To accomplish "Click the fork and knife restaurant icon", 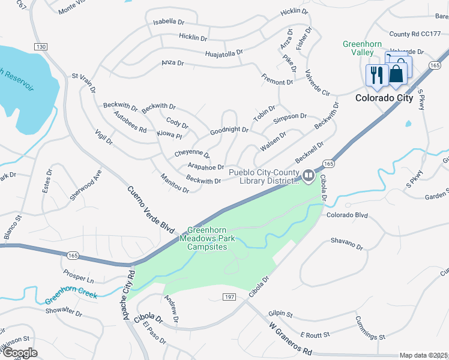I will point(376,75).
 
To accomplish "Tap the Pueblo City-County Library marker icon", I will point(309,176).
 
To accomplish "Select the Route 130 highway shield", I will point(41,47).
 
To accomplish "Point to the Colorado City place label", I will point(384,98).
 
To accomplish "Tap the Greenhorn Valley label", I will point(363,49).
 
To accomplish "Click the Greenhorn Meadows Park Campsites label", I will point(210,238).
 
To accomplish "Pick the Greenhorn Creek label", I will point(71,295).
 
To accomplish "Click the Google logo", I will point(20,353).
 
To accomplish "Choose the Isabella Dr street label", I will point(169,22).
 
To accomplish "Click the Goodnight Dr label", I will point(229,130).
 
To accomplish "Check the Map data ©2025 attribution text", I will point(423,355).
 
